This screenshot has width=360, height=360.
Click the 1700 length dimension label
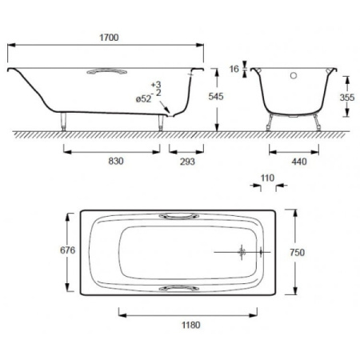coord(109,38)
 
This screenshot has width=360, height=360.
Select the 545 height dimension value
coord(216,96)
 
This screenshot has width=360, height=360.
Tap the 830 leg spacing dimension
coord(116,161)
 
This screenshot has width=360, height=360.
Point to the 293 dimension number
coord(187,162)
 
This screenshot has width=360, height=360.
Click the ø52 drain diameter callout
coord(143,99)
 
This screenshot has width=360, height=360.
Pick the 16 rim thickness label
coord(234,69)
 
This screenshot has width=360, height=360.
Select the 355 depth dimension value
coord(347,98)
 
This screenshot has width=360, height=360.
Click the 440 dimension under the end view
coord(299,162)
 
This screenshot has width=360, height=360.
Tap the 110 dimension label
coord(267,178)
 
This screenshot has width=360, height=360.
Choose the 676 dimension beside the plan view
coord(67,250)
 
